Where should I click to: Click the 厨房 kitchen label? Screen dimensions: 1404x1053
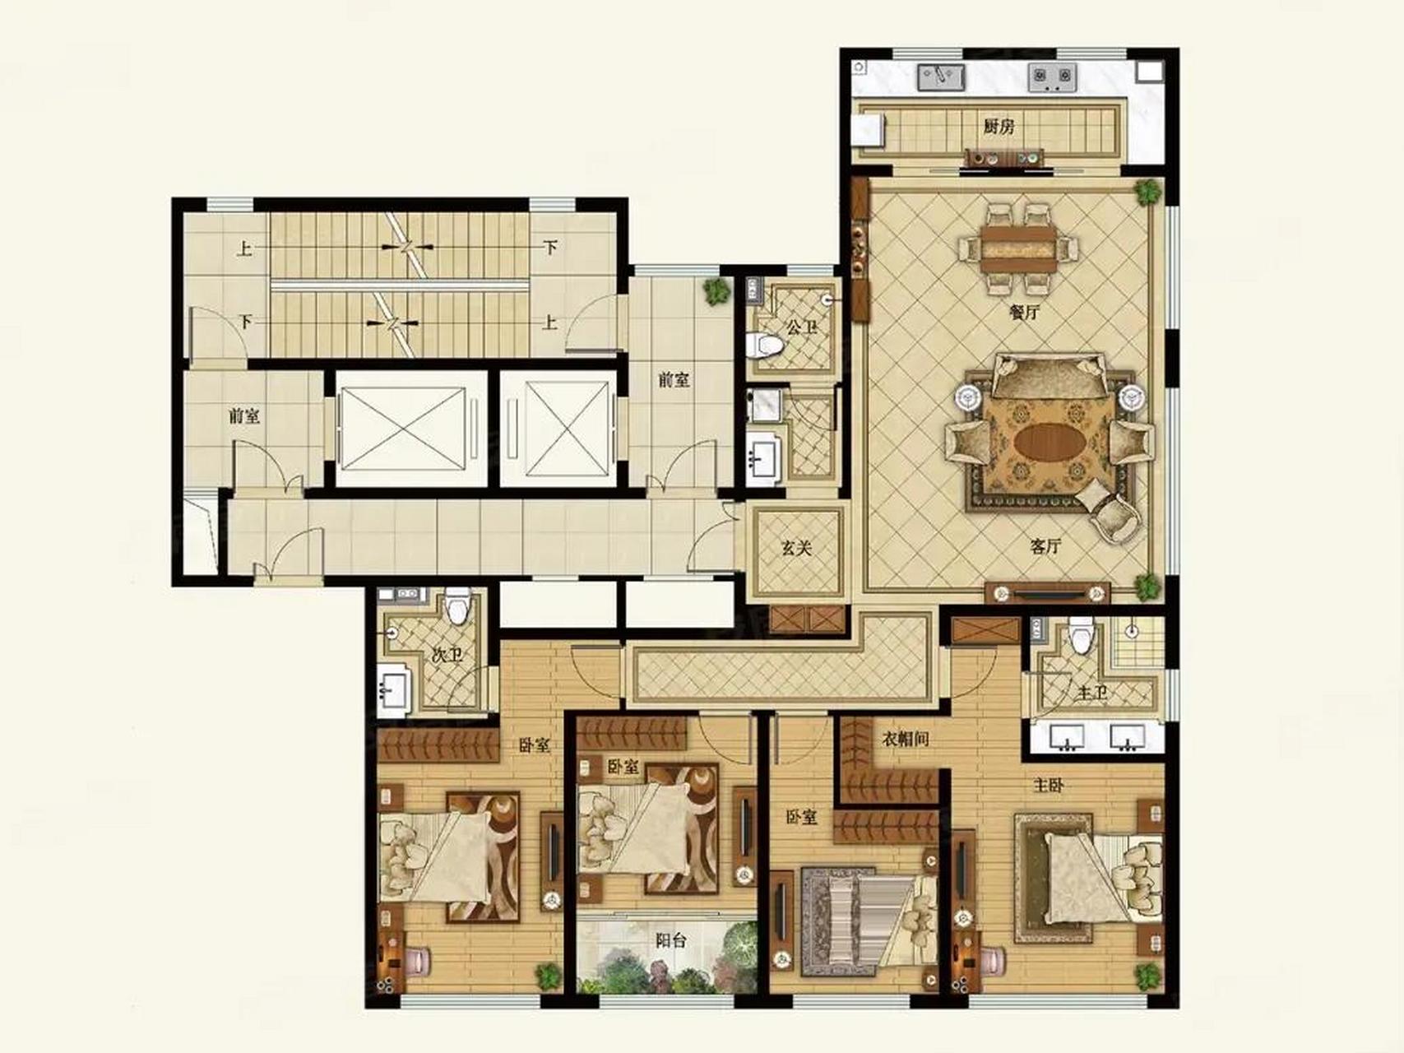coord(999,127)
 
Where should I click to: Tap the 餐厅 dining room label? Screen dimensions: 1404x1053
coord(1024,312)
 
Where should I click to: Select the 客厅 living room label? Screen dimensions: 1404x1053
coord(1045,545)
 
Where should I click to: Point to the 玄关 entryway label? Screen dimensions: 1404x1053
coord(796,547)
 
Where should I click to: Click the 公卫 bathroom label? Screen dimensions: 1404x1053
coord(802,327)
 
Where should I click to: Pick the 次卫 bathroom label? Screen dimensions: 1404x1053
coord(447,655)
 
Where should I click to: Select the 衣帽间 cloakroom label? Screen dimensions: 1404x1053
coord(906,739)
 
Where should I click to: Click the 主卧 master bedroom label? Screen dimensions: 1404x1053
coord(1049,785)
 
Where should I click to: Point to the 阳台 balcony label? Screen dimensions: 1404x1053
coord(671,939)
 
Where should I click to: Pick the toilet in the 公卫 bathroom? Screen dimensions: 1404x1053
coord(764,345)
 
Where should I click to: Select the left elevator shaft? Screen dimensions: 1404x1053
coord(402,429)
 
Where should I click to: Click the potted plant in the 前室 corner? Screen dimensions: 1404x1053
coord(717,290)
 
